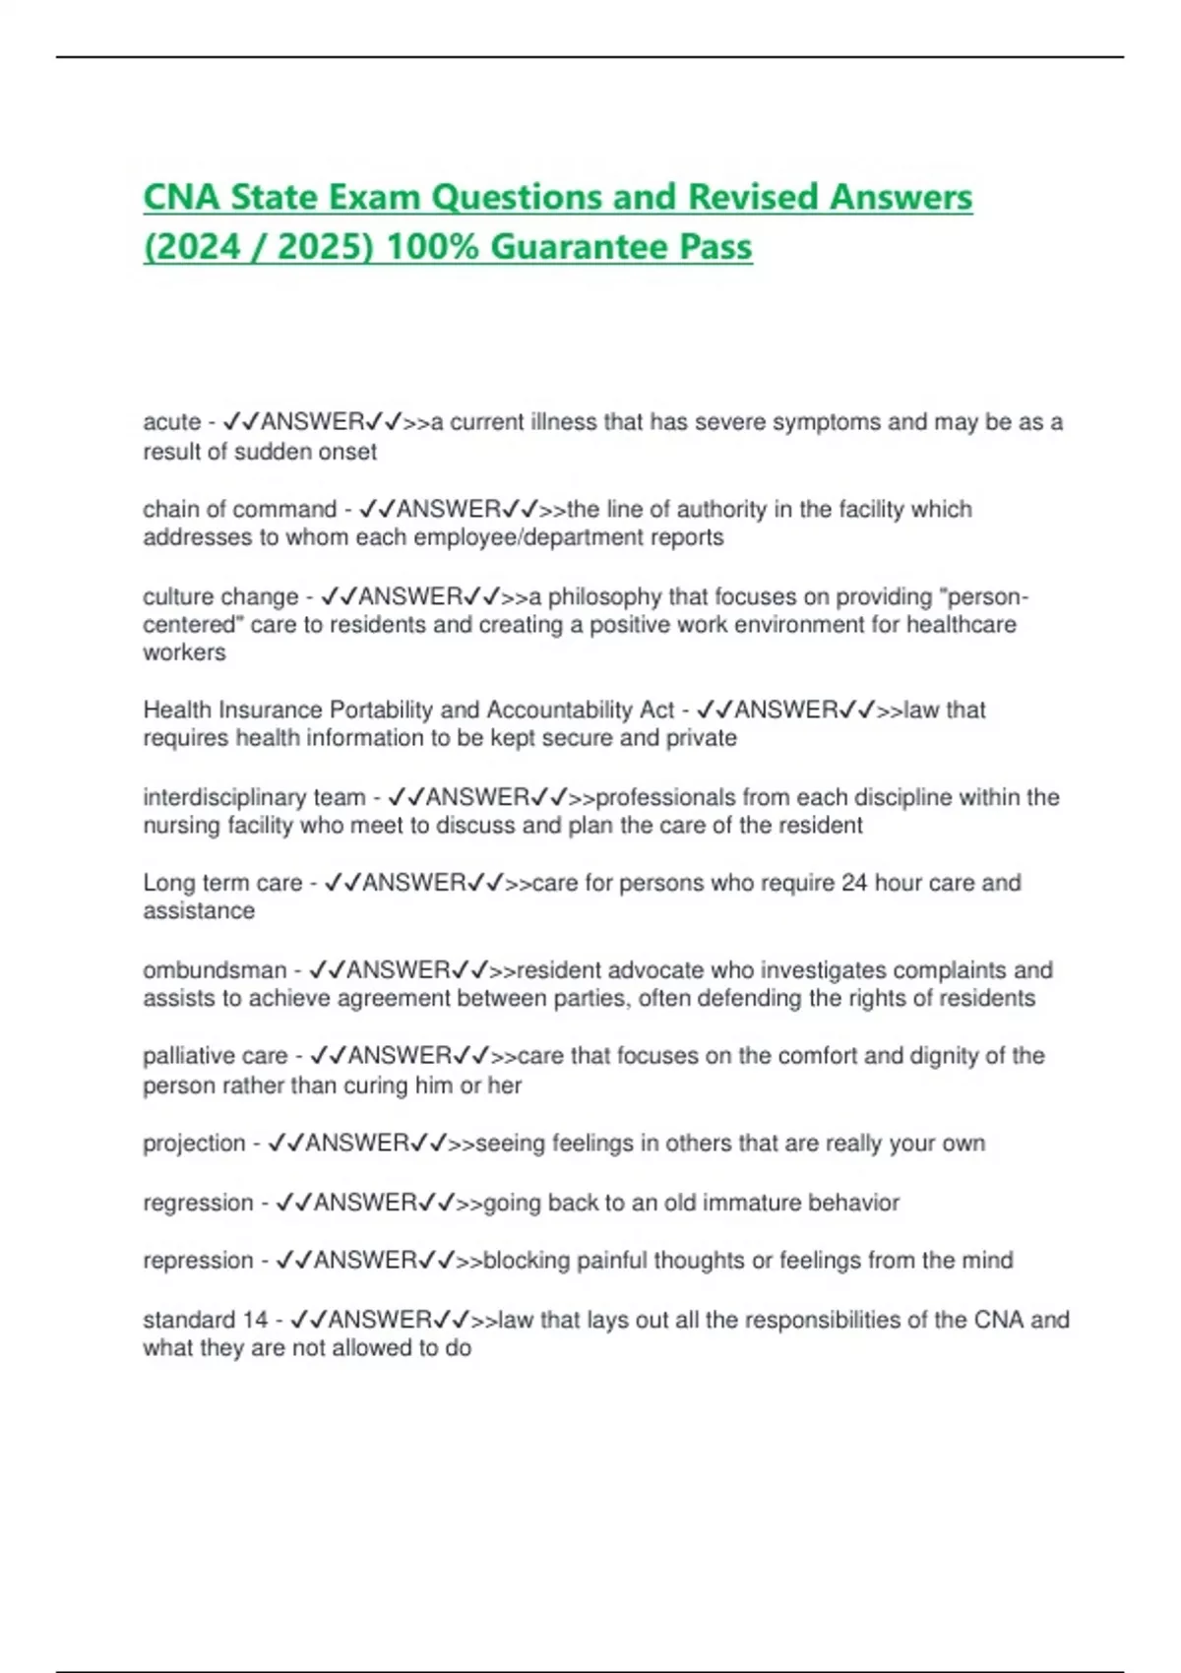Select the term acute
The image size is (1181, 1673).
(171, 422)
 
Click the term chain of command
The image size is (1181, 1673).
(239, 510)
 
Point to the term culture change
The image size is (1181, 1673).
(220, 597)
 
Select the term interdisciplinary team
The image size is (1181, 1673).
(254, 797)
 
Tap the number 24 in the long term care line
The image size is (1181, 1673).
(854, 883)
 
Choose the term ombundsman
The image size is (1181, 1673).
(214, 970)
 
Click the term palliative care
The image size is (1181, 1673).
(215, 1056)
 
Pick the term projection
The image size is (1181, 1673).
(194, 1144)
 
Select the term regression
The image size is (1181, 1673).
(198, 1203)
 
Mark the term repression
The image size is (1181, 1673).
(198, 1261)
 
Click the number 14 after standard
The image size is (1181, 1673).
(255, 1320)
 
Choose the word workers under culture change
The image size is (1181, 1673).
(184, 652)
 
